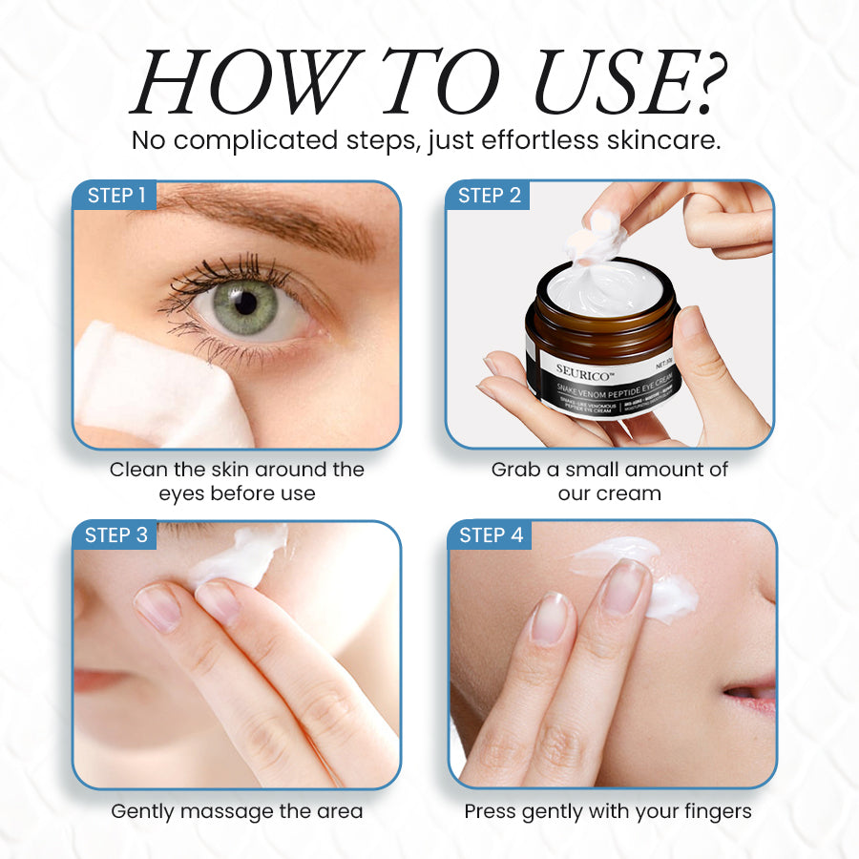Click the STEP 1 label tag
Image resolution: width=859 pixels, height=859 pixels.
(116, 196)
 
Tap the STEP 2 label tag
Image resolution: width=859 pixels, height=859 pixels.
(490, 196)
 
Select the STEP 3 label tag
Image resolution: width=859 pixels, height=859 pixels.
(116, 535)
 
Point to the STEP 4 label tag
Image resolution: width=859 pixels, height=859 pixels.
(491, 535)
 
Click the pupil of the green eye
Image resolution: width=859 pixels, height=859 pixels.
(246, 303)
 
